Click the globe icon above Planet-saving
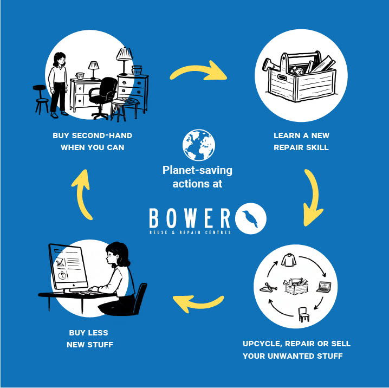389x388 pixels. tap(199, 145)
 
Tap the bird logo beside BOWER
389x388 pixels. tap(250, 218)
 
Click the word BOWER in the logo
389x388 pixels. tap(190, 218)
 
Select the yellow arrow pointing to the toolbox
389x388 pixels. tap(198, 72)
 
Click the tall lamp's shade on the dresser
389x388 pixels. tap(124, 54)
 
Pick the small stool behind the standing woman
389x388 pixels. tap(41, 99)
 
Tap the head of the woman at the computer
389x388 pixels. tap(117, 254)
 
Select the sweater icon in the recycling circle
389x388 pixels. tap(289, 260)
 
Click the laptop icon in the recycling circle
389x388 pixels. tap(324, 287)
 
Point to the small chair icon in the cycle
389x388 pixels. tap(303, 314)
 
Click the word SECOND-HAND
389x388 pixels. tap(102, 135)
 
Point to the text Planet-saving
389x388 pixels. tap(197, 171)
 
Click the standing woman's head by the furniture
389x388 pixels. tap(60, 59)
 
